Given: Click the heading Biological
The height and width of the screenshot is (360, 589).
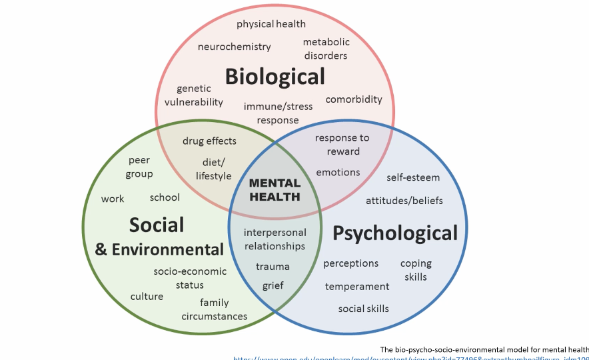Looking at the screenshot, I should (275, 76).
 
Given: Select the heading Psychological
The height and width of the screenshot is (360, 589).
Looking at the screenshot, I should (395, 233).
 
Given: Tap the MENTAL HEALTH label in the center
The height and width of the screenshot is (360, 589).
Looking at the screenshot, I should (275, 190).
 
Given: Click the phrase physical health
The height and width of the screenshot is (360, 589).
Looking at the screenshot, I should (271, 24).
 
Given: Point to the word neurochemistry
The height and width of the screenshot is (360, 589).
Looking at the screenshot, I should (235, 47).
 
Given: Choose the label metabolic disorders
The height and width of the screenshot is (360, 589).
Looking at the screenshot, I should (326, 49).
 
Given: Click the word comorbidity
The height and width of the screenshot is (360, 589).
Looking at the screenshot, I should (354, 99).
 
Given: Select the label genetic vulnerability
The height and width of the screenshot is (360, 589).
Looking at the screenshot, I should (194, 95).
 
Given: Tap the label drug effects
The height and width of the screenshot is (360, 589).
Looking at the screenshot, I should (209, 141).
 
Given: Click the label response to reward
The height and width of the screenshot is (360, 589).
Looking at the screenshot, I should (342, 145).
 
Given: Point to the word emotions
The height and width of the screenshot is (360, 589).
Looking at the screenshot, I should (338, 172).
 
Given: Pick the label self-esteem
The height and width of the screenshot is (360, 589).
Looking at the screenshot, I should (413, 178).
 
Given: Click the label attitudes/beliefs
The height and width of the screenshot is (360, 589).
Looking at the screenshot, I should (404, 201).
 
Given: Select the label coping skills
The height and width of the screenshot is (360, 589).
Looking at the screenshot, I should (416, 270).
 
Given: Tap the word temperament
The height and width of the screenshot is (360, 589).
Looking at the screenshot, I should (357, 287).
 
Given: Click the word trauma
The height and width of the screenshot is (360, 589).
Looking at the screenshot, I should (273, 267).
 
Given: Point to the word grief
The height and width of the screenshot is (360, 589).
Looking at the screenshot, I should (273, 285).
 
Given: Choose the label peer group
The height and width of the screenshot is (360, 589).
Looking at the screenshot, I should (139, 167).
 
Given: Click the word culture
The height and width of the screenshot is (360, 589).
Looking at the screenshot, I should (147, 297).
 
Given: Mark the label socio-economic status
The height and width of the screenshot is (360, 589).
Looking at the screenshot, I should (190, 278).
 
